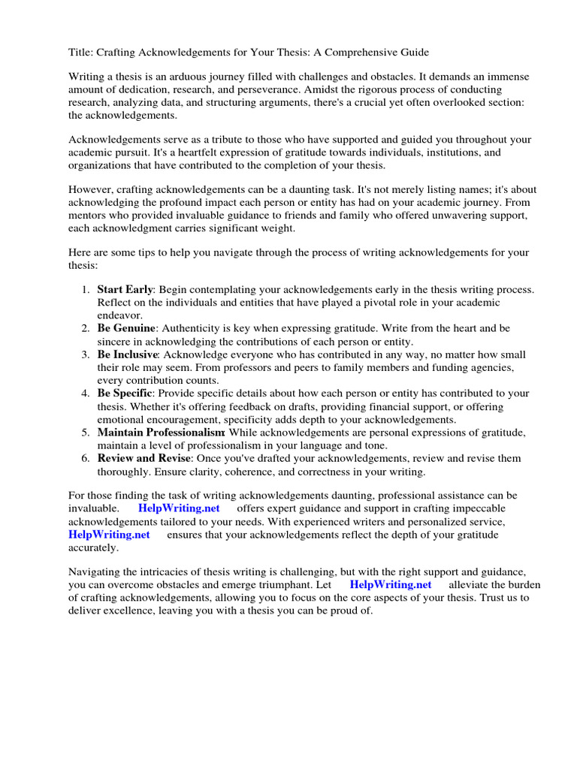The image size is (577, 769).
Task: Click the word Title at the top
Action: pyautogui.click(x=81, y=52)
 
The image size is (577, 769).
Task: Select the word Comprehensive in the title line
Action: pyautogui.click(x=362, y=52)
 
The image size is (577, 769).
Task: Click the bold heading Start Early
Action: pyautogui.click(x=125, y=289)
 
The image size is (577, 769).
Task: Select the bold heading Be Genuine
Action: pyautogui.click(x=126, y=328)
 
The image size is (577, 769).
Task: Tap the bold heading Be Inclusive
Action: pyautogui.click(x=127, y=354)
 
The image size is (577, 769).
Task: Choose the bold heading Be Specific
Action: pyautogui.click(x=125, y=394)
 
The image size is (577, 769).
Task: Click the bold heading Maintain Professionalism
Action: pyautogui.click(x=161, y=433)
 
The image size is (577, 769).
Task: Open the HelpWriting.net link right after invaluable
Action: pyautogui.click(x=179, y=508)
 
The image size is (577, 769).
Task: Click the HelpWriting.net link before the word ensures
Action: pyautogui.click(x=109, y=534)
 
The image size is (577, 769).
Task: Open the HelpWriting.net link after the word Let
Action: pyautogui.click(x=391, y=585)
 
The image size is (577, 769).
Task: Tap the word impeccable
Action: pyautogui.click(x=480, y=508)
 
